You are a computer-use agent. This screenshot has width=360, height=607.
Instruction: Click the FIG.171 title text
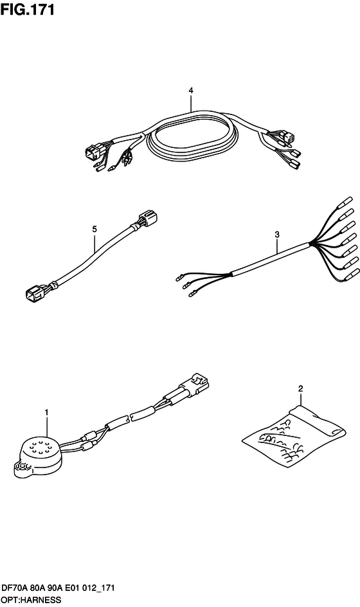click(28, 10)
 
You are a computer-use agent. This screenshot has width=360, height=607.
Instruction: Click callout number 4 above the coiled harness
click(191, 90)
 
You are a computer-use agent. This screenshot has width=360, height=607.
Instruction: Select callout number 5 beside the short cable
click(94, 229)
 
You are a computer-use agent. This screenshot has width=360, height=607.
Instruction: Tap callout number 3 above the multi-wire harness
click(277, 234)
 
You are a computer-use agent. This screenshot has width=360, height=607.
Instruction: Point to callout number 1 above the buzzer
click(46, 413)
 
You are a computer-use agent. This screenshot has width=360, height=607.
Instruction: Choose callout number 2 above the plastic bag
click(301, 388)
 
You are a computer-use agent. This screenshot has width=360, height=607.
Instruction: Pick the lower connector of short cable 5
click(33, 293)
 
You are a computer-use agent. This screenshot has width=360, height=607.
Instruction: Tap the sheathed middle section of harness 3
click(271, 258)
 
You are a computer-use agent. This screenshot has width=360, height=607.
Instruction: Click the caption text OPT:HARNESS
click(31, 600)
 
